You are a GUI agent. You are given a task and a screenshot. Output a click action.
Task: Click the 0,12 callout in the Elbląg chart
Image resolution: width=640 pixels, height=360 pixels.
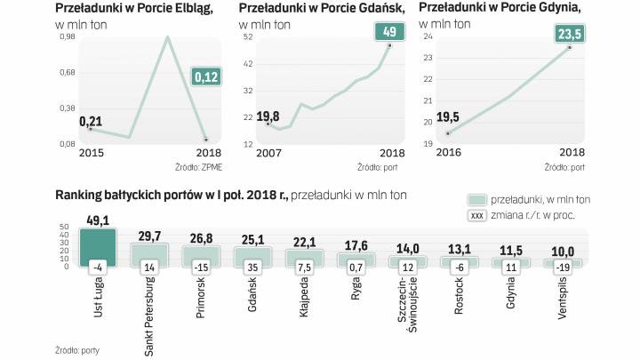pyautogui.click(x=206, y=78)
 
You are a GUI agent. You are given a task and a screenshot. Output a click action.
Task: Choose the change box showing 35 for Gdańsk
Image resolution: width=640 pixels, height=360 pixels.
pyautogui.click(x=252, y=266)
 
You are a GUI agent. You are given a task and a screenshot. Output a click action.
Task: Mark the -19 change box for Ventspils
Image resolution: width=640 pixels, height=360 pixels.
pyautogui.click(x=564, y=266)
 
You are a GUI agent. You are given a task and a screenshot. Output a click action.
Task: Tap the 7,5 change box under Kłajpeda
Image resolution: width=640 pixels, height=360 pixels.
pyautogui.click(x=304, y=266)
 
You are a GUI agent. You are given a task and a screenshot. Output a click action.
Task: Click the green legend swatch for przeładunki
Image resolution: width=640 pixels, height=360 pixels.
pyautogui.click(x=476, y=200)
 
